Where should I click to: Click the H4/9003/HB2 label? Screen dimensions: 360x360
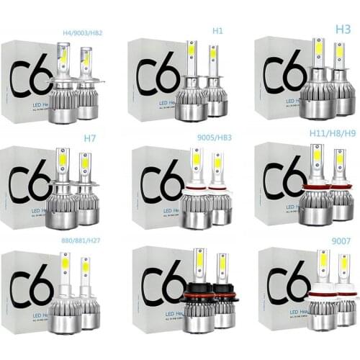(x=83, y=33)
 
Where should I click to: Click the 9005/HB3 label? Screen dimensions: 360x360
(x=209, y=135)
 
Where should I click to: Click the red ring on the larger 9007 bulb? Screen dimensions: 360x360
(x=321, y=292)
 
